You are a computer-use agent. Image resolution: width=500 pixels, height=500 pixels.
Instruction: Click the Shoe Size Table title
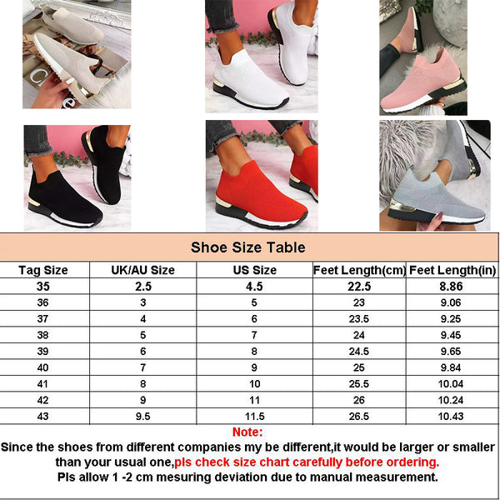247,247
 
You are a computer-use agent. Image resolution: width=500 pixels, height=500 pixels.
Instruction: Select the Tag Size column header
43,270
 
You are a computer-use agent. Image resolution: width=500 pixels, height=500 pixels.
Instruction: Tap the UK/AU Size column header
142,270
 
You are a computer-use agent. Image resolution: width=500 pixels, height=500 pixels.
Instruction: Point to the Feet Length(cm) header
359,270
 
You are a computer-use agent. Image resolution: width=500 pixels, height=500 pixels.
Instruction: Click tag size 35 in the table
43,287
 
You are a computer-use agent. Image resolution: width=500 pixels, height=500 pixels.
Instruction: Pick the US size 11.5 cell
255,417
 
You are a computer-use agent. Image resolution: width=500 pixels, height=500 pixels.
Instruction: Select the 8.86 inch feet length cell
451,287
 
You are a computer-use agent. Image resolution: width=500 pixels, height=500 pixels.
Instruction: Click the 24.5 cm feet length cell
358,352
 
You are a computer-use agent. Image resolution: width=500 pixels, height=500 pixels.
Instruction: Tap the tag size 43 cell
42,417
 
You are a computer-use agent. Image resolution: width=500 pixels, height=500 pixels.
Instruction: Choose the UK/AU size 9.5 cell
142,417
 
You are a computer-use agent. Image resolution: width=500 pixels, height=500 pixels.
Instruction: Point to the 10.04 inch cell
451,384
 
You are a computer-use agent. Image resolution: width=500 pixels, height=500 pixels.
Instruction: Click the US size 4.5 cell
254,287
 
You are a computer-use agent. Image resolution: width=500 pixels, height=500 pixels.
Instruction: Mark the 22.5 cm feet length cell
359,287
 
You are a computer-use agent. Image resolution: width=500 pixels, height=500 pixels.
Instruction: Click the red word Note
247,432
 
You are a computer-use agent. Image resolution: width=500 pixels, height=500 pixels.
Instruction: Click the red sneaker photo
262,176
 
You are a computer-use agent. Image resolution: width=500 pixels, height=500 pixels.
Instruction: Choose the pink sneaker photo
423,57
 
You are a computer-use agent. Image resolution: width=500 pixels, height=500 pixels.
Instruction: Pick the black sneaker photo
77,177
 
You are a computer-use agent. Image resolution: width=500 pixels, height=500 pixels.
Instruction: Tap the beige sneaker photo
77,54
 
